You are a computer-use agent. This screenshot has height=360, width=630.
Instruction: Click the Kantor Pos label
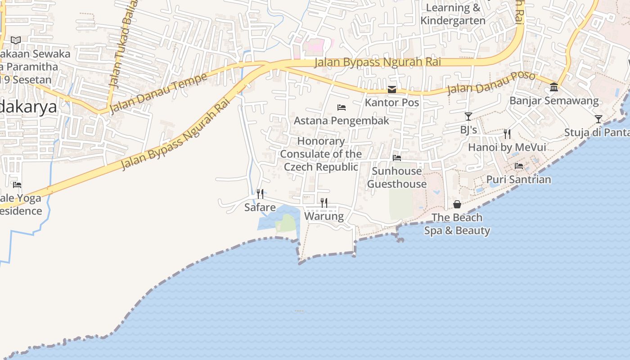[x=392, y=103]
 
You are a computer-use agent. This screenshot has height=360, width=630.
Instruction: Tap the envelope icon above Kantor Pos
[x=392, y=90]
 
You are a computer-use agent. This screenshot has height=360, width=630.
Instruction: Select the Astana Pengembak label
[x=342, y=121]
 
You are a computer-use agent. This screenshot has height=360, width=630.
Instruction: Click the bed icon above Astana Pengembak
[x=342, y=108]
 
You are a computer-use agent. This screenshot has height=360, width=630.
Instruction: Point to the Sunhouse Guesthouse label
[x=397, y=177]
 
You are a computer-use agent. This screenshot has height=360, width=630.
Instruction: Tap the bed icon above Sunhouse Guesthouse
[x=397, y=158]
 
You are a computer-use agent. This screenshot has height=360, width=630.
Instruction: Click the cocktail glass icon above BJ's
[x=468, y=117]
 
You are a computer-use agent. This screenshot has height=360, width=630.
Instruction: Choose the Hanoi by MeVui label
[x=507, y=147]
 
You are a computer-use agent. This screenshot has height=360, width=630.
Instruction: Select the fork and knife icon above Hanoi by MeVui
[x=507, y=134]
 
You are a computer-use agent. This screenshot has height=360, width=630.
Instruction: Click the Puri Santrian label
[x=518, y=180]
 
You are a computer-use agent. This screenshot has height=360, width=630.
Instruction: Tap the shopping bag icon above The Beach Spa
[x=457, y=205]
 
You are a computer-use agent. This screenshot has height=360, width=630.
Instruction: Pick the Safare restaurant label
[x=260, y=207]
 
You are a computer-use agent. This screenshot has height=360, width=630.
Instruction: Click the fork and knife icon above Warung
[x=324, y=202]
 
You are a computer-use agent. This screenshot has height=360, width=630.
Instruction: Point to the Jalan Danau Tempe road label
[x=158, y=92]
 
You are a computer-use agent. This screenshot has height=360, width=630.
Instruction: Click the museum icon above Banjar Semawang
[x=554, y=87]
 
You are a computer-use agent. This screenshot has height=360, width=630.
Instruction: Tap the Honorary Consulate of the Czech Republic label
[x=321, y=154]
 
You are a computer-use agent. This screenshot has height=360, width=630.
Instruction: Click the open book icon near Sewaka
[x=16, y=40]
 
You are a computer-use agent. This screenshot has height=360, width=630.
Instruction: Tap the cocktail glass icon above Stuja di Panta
[x=598, y=119]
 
